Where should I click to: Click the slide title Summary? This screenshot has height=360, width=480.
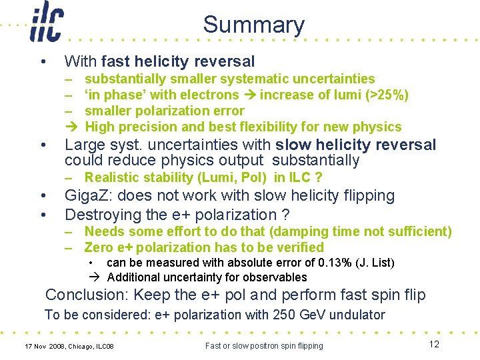coord(253,25)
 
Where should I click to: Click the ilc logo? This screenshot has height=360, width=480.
coord(47,24)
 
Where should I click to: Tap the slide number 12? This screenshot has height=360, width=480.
coord(434,344)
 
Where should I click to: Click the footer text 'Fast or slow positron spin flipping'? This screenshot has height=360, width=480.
coord(264,345)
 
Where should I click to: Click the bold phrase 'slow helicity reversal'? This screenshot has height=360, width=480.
coord(355,145)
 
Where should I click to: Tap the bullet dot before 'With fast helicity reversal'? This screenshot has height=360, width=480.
coord(43,62)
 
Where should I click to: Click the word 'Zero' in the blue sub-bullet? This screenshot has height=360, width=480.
coord(98,247)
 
